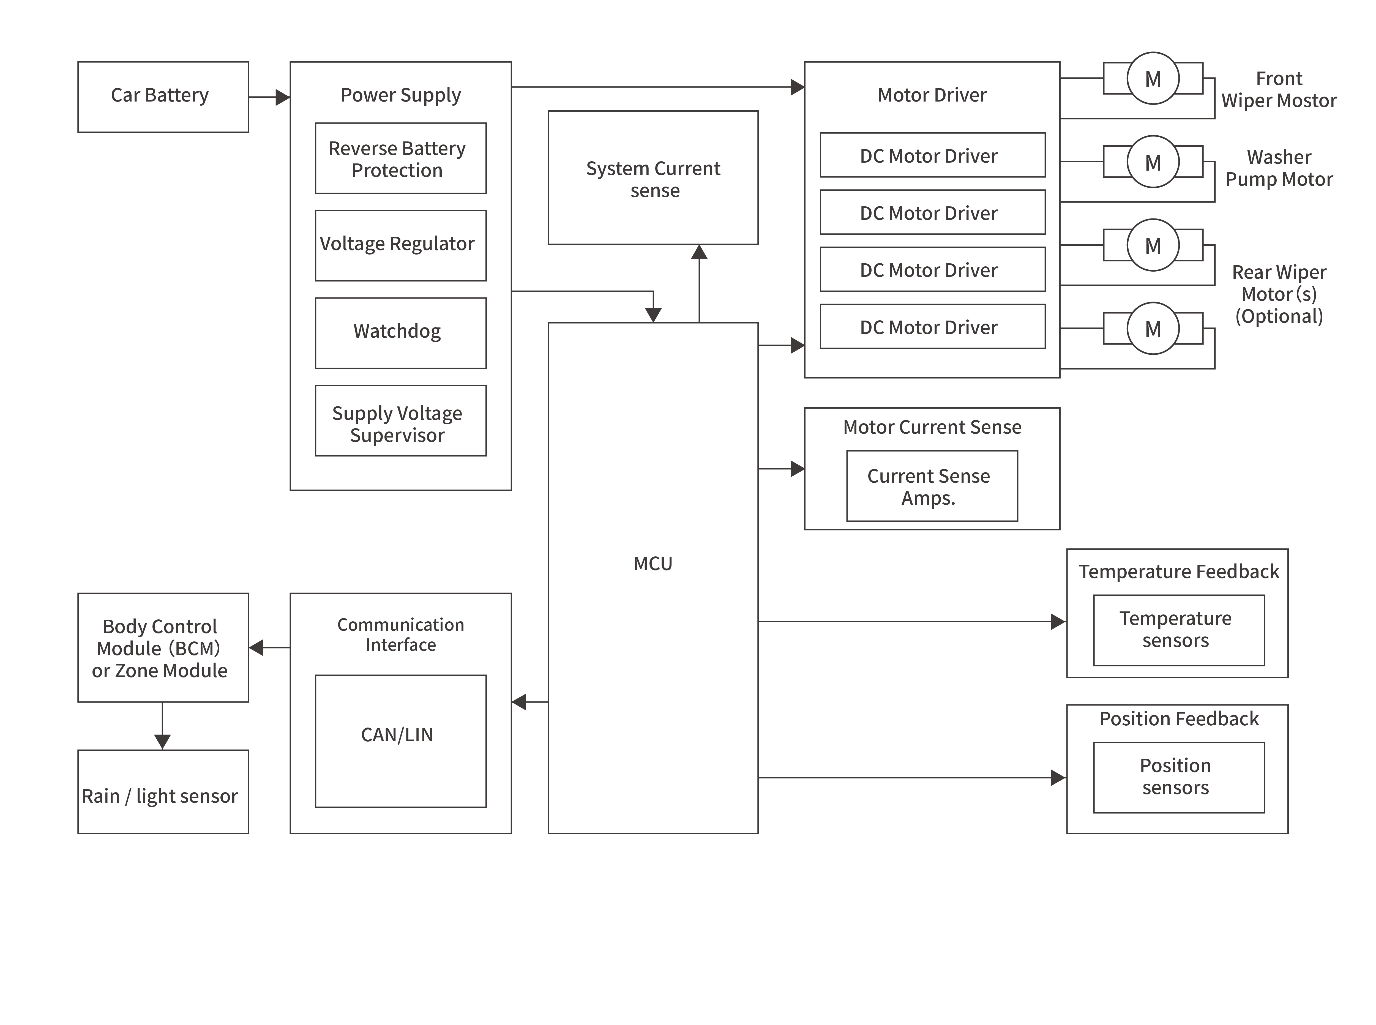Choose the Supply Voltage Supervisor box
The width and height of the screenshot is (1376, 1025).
(x=400, y=421)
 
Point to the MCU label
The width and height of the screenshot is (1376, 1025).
(x=653, y=563)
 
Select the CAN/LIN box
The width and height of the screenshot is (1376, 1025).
(x=400, y=741)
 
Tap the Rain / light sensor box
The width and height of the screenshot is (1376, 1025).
(x=163, y=792)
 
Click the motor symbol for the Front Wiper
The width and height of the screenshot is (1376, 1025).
(x=1153, y=79)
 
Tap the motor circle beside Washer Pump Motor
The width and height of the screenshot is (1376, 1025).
(x=1153, y=162)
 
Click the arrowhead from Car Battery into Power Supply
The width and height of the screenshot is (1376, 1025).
(x=282, y=97)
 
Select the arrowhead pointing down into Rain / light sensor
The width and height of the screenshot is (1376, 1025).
(x=163, y=742)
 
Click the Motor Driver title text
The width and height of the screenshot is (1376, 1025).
(x=932, y=95)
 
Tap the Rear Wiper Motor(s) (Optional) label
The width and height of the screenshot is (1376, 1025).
(x=1279, y=294)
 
